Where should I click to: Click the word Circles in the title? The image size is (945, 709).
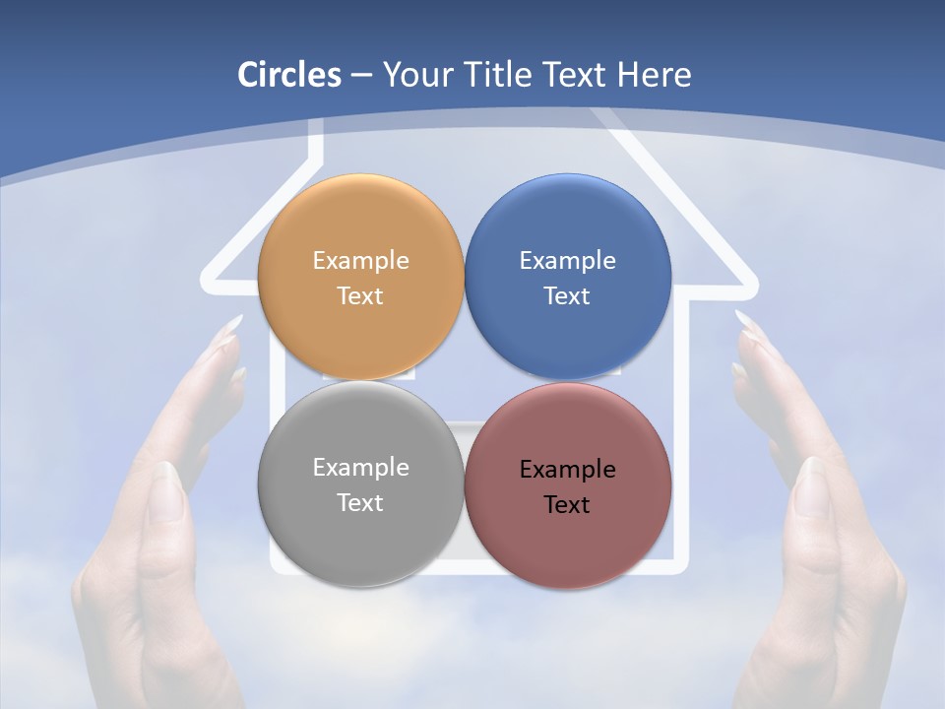coord(289,75)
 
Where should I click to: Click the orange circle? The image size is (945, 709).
coord(360,277)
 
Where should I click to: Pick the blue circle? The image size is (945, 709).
coord(568,277)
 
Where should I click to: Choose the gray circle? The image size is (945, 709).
coord(360,484)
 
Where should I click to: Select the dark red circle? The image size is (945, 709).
coord(568,484)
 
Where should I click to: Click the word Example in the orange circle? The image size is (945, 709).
coord(360,260)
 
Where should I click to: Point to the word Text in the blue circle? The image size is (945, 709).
coord(567,295)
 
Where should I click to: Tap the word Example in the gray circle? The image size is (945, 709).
coord(360,467)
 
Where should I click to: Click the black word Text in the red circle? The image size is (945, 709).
coord(567,504)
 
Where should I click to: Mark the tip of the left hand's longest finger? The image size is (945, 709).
coord(237,319)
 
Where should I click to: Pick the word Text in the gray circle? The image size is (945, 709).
coord(360,502)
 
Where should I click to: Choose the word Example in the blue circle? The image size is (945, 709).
coord(567,260)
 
